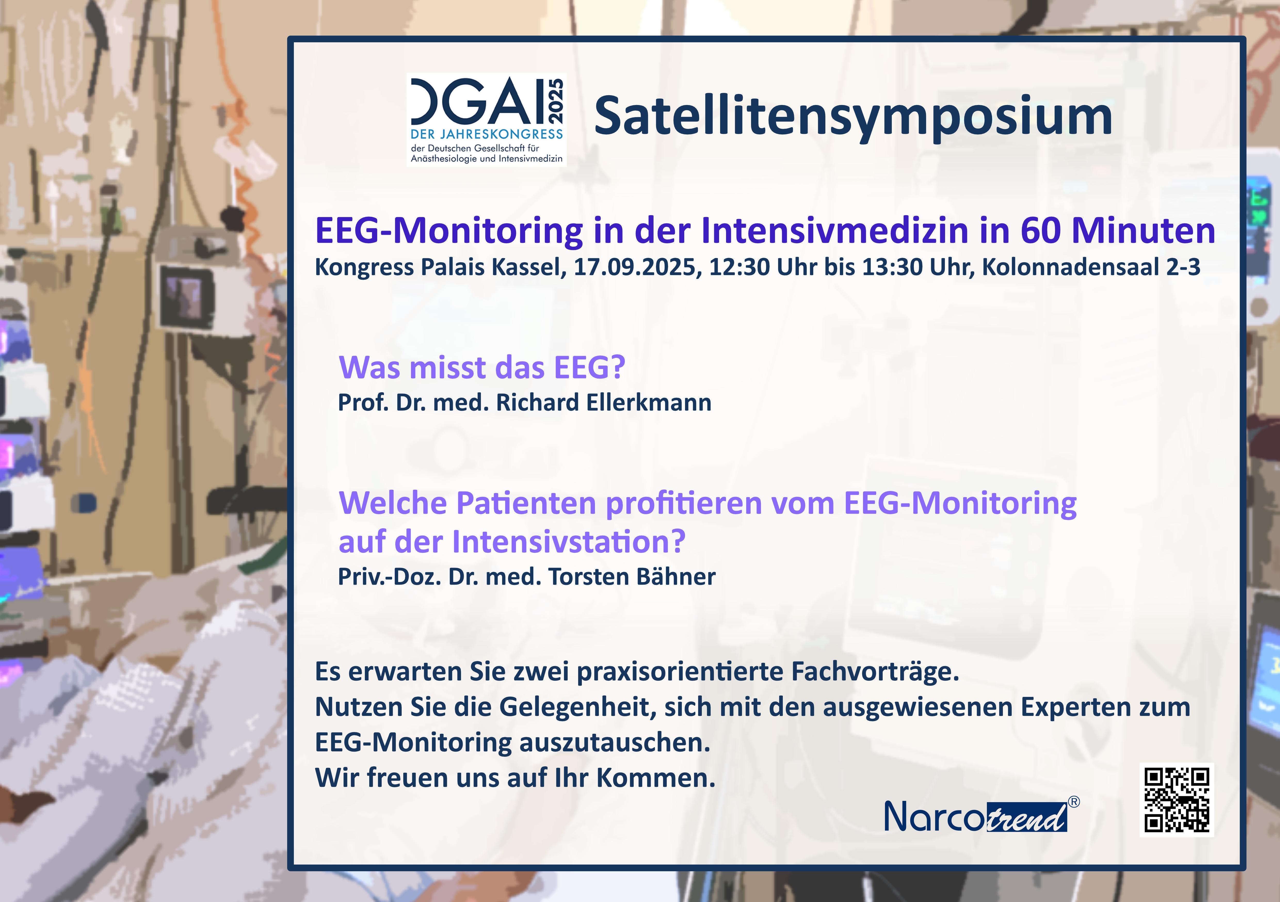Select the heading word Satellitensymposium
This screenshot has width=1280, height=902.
(853, 117)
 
